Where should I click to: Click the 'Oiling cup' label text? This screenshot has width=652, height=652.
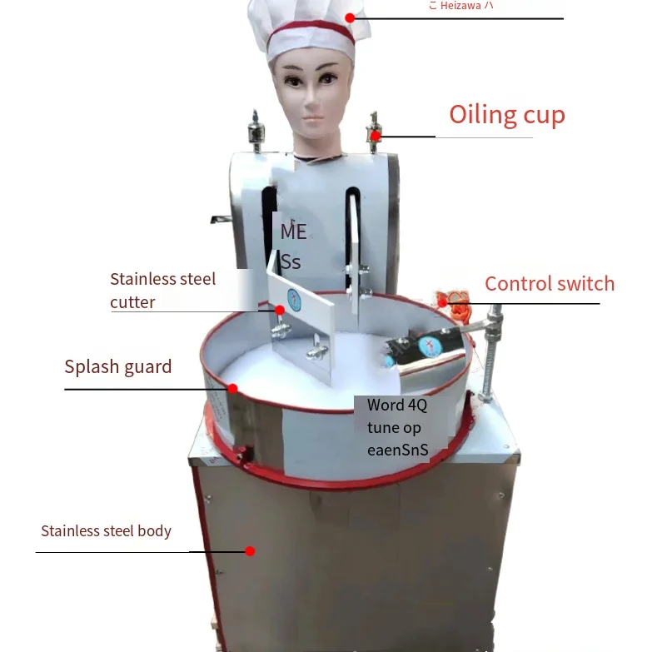tap(506, 115)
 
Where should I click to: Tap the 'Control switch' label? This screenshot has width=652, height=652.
tap(550, 284)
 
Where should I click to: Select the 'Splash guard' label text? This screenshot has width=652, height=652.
tap(118, 367)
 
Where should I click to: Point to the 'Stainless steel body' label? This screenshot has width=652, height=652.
tap(106, 531)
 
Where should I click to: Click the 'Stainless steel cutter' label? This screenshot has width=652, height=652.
tap(162, 290)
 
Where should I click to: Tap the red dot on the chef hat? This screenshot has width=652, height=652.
tap(351, 17)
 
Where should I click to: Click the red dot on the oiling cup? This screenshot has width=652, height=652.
tap(376, 135)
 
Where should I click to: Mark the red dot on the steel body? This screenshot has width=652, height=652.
tap(249, 550)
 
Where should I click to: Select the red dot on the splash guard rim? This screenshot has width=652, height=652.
tap(233, 388)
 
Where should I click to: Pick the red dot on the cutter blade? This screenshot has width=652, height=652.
tap(280, 310)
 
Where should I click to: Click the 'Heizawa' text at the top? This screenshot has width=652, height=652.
tap(460, 6)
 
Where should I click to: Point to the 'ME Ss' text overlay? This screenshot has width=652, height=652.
tap(293, 246)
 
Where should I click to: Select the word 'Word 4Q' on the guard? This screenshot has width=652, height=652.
tap(397, 406)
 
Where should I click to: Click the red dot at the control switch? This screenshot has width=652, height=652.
tap(443, 294)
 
